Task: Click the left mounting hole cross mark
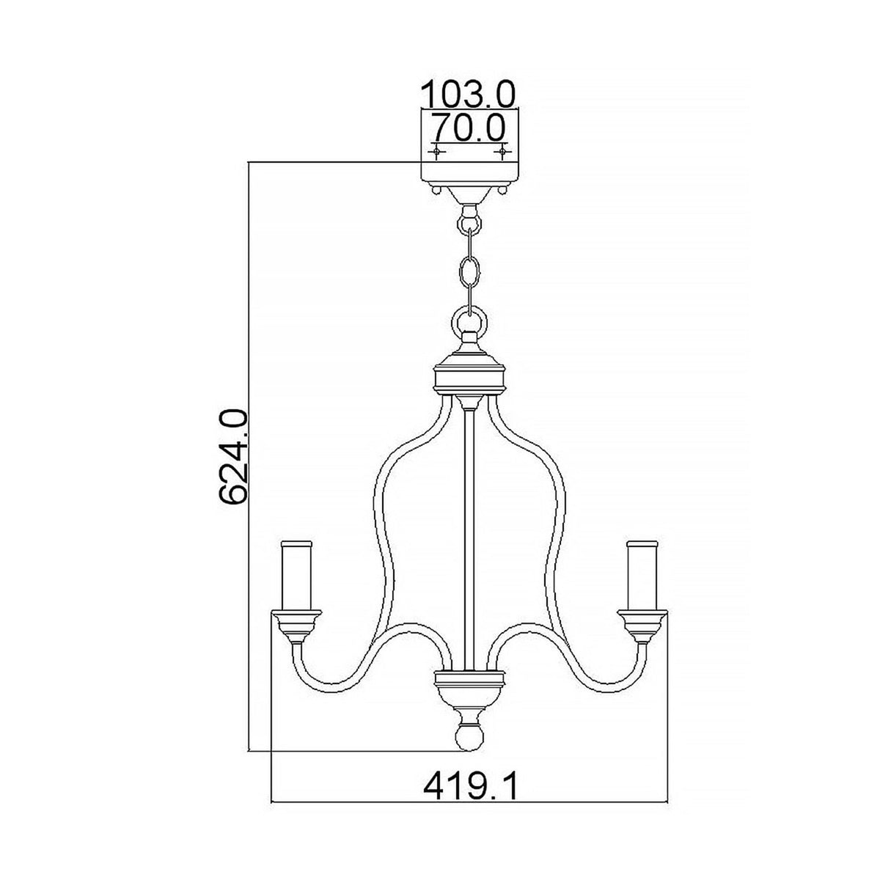click(437, 151)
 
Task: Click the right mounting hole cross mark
click(502, 151)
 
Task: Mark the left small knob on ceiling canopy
click(436, 189)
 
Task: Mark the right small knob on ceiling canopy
click(504, 189)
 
